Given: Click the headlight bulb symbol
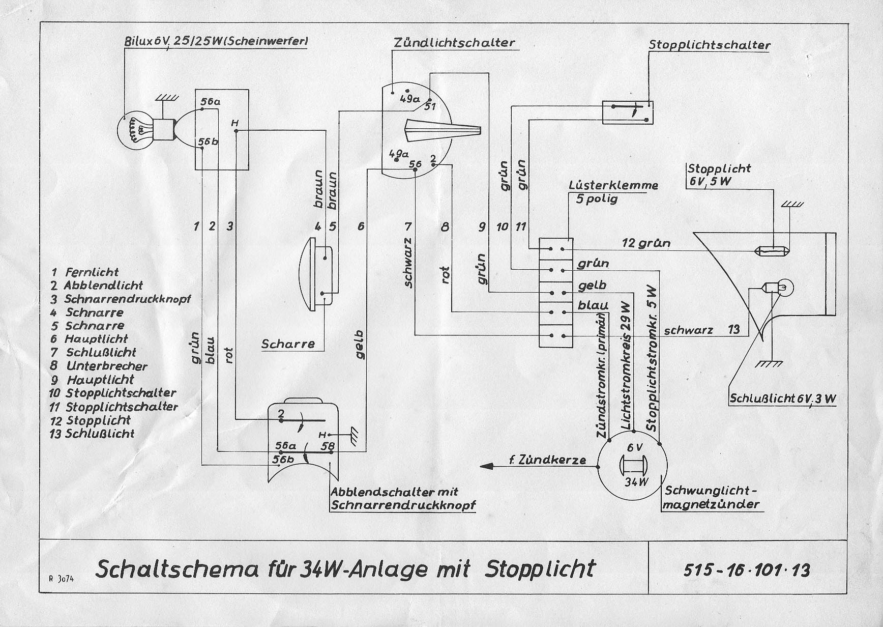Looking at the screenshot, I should point(135,129).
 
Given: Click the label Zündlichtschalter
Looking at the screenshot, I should point(454,43).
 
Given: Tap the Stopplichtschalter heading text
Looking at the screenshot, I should point(710,45).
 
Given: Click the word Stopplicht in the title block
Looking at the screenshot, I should point(540,568).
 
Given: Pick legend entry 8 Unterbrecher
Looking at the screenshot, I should point(99,366).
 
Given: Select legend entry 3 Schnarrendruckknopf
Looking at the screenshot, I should point(120,299).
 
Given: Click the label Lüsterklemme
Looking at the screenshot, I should point(613,185).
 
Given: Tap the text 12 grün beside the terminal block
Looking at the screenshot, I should point(646,243).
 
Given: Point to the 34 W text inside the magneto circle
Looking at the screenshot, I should point(634,481).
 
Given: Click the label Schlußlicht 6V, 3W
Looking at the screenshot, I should point(783,398).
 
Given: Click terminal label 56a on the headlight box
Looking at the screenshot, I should point(210,102).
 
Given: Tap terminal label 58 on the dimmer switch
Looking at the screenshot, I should point(328,446).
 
